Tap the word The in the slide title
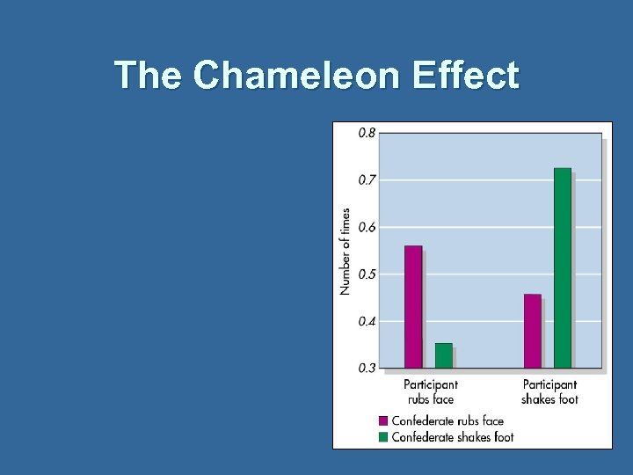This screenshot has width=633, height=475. [149, 76]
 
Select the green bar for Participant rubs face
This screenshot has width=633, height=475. [444, 355]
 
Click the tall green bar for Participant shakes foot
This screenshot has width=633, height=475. [563, 267]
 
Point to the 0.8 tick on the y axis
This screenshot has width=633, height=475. [367, 133]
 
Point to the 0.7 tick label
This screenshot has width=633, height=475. [367, 179]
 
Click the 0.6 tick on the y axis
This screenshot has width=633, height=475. [367, 227]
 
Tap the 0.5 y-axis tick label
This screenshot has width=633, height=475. [367, 274]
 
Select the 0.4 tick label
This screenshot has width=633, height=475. [367, 321]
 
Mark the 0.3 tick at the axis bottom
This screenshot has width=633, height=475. [367, 368]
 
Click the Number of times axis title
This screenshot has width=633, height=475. [346, 252]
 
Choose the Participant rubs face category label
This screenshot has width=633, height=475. [431, 391]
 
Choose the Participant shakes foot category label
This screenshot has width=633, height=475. [549, 391]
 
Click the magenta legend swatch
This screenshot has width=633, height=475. [383, 420]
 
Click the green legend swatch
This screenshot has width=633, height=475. [383, 436]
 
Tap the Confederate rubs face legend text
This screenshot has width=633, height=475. [447, 420]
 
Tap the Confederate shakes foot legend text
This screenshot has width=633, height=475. [453, 436]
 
